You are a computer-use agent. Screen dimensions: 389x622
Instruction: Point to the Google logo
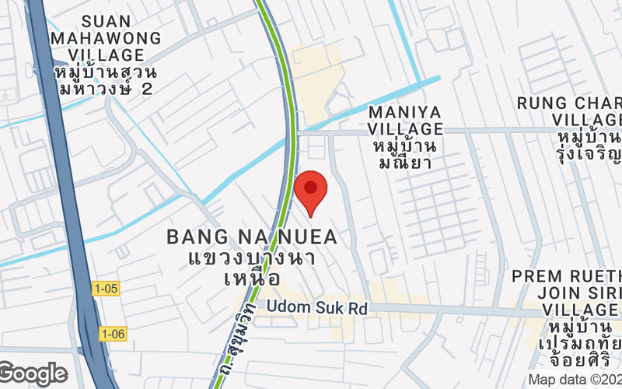33,373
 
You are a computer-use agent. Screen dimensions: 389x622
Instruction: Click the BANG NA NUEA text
253,237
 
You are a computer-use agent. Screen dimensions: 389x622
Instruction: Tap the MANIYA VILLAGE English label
405,121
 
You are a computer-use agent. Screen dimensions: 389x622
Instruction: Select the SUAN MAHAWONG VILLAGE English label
105,38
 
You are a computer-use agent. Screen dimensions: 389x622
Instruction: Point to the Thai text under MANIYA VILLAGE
405,154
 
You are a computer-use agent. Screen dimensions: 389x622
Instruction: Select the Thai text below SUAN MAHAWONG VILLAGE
106,80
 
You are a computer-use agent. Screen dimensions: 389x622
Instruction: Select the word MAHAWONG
105,38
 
